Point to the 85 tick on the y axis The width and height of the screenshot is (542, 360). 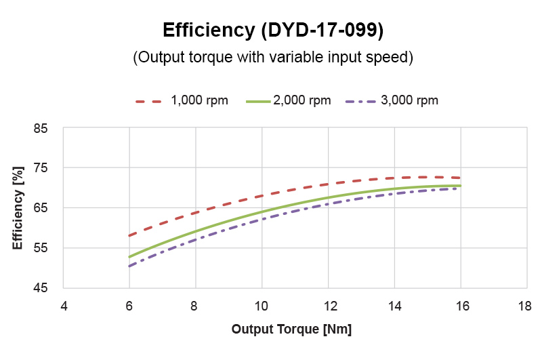pyautogui.click(x=48, y=128)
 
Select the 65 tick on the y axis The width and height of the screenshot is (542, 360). pyautogui.click(x=48, y=207)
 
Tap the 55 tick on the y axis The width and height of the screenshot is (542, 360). pyautogui.click(x=48, y=247)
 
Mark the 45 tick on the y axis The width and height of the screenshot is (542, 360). pyautogui.click(x=48, y=287)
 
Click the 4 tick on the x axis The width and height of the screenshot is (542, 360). pyautogui.click(x=63, y=306)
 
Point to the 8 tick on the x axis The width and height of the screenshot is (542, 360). pyautogui.click(x=195, y=306)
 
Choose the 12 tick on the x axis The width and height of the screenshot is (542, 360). pyautogui.click(x=327, y=306)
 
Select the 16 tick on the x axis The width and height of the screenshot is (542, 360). pyautogui.click(x=460, y=306)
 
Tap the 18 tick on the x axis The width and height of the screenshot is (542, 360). pyautogui.click(x=526, y=306)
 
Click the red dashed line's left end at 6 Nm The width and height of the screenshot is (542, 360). pyautogui.click(x=129, y=236)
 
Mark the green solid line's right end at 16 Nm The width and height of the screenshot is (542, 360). pyautogui.click(x=460, y=186)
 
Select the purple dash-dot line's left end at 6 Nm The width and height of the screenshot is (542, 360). pyautogui.click(x=129, y=266)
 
